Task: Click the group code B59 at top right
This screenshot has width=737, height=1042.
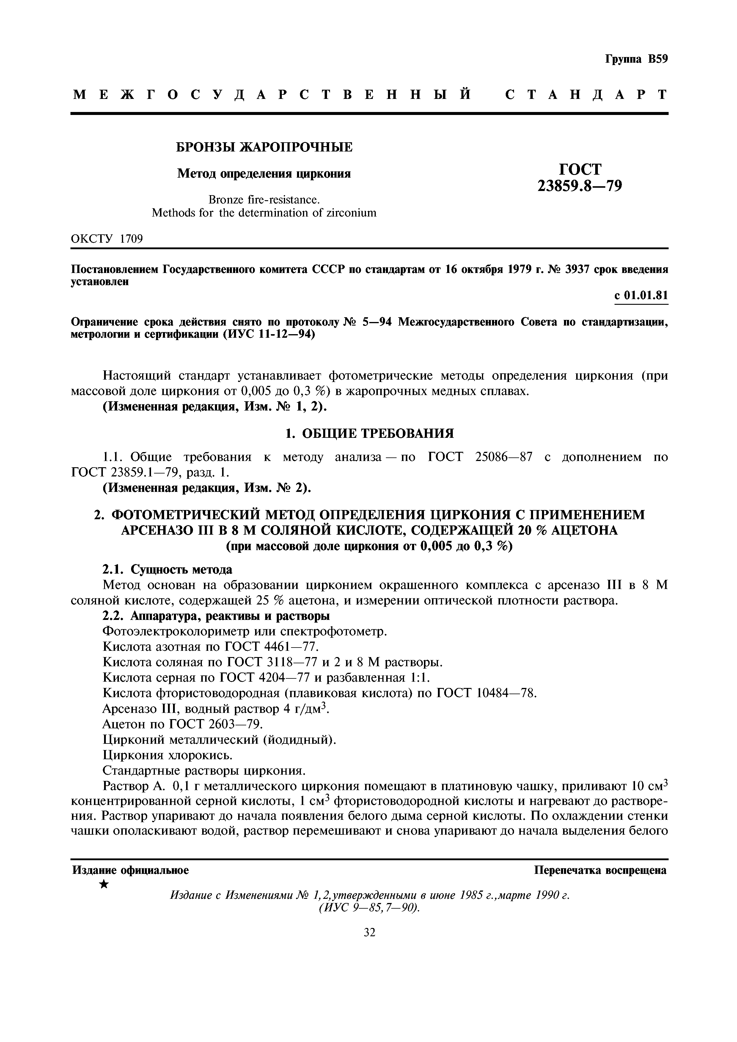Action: pos(658,59)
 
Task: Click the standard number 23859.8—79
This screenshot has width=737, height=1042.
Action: pos(580,186)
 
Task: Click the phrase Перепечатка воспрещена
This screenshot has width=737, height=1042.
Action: pos(600,870)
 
